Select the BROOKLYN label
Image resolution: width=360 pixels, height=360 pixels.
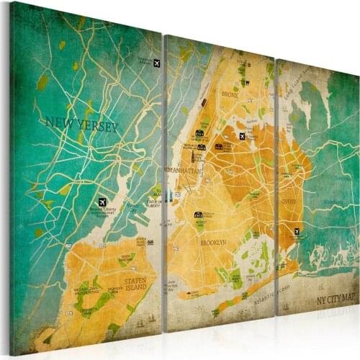pyautogui.click(x=213, y=243)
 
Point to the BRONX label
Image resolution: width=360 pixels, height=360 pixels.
pyautogui.click(x=230, y=94)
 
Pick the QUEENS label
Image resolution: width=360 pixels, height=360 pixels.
pyautogui.click(x=289, y=202)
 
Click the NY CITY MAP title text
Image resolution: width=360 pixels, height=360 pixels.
pyautogui.click(x=336, y=297)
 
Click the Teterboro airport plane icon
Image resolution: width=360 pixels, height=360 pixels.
pyautogui.click(x=158, y=63)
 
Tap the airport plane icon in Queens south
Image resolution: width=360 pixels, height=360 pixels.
pyautogui.click(x=296, y=231)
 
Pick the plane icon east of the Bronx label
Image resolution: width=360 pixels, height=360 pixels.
pyautogui.click(x=243, y=136)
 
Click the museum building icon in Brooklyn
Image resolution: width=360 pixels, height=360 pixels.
pyautogui.click(x=197, y=215)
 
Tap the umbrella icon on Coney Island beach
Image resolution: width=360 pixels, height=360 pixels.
pyautogui.click(x=189, y=293)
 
